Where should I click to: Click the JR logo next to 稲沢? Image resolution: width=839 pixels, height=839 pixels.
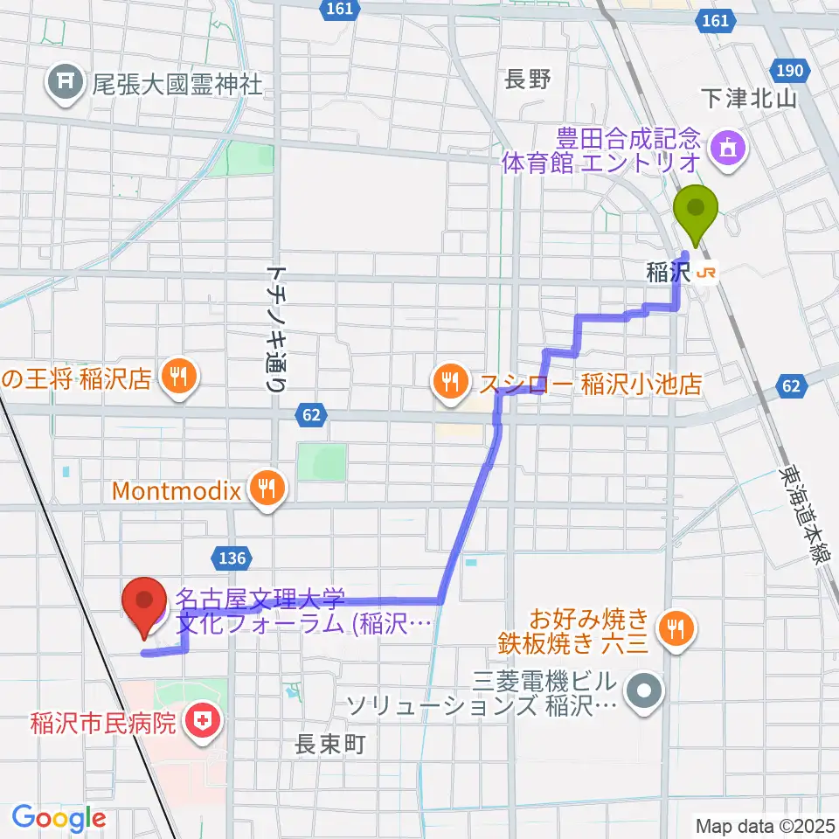click(707, 274)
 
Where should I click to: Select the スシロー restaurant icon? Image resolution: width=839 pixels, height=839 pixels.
click(450, 380)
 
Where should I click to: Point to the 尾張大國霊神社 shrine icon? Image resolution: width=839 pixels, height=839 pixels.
click(66, 83)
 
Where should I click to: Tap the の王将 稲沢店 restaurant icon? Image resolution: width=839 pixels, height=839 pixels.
click(178, 378)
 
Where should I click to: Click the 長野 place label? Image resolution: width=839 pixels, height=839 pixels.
click(528, 80)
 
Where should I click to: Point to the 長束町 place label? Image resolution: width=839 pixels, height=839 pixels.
click(328, 745)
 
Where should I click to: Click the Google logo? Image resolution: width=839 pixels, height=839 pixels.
click(59, 818)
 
